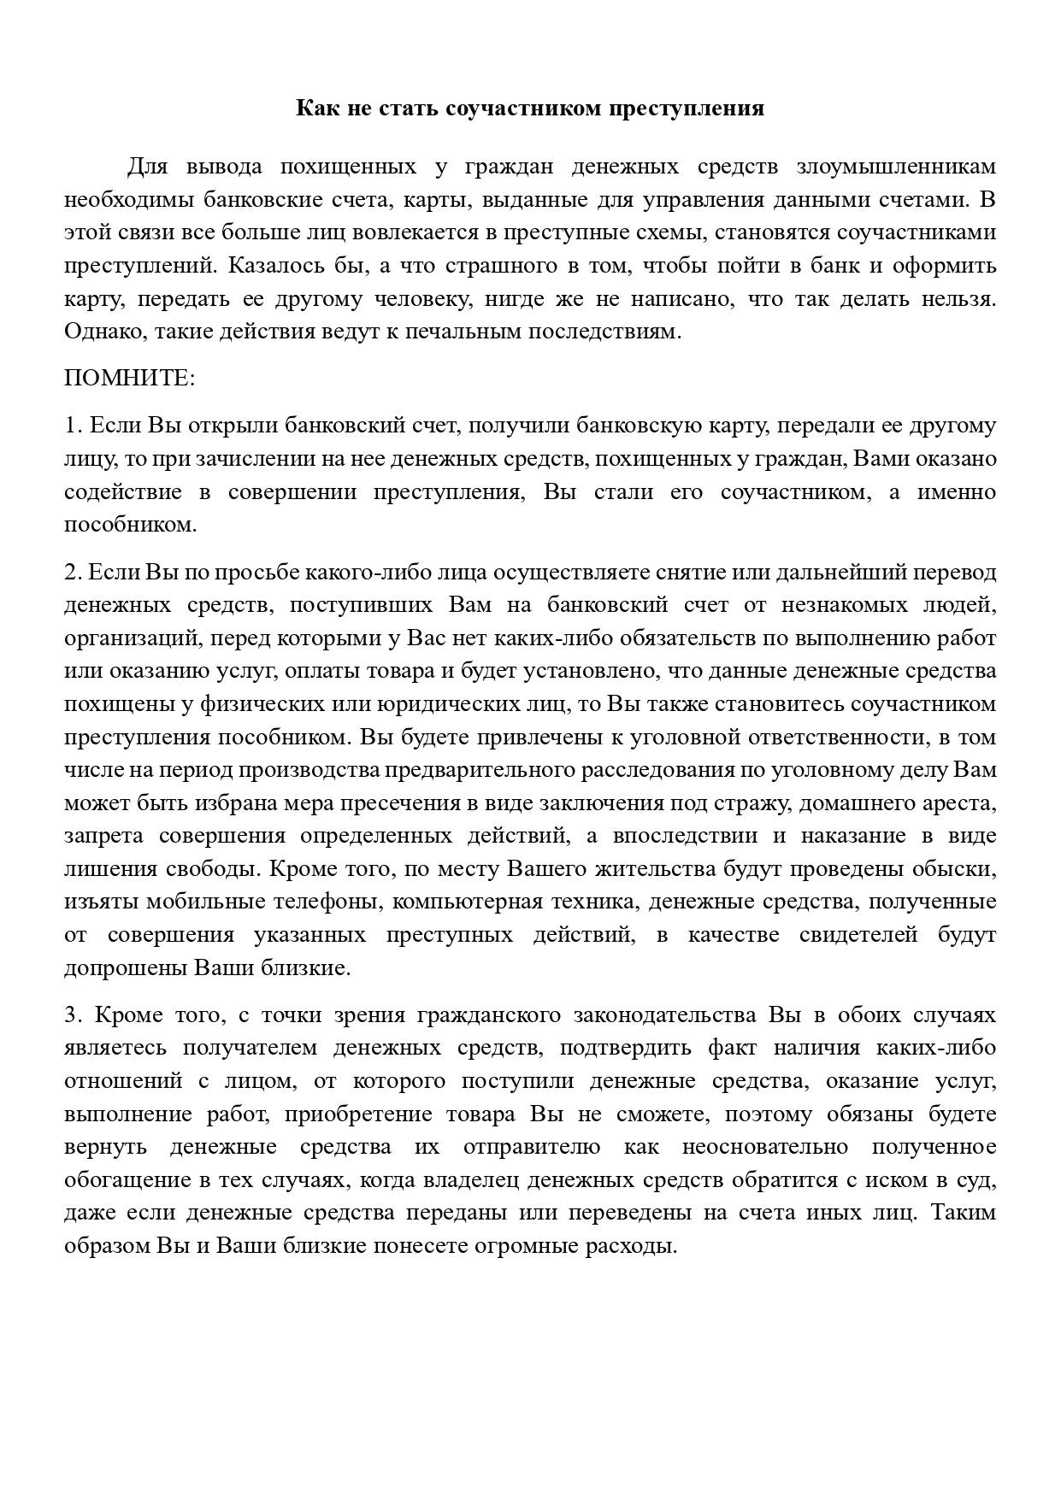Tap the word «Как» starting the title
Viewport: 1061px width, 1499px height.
tap(314, 109)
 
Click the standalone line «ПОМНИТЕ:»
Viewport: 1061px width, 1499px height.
tap(130, 378)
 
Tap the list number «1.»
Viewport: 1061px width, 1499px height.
tap(72, 426)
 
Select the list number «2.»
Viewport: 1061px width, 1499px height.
tap(72, 572)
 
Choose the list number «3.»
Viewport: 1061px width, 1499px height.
tap(72, 1015)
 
